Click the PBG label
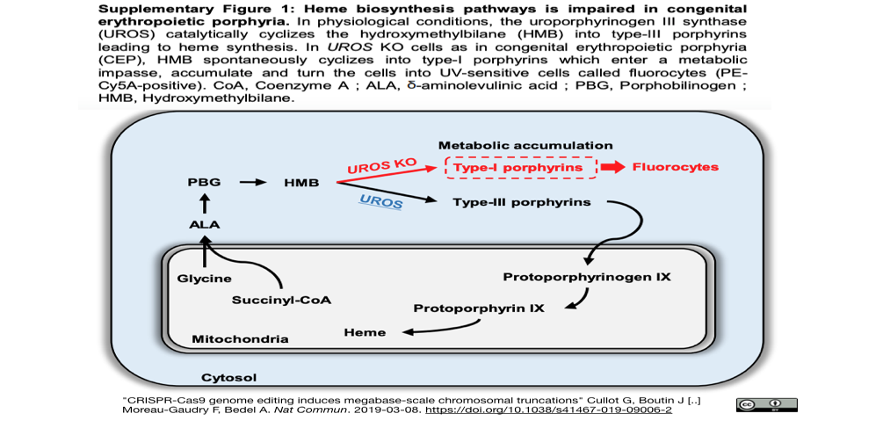pos(205,183)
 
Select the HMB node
pos(300,183)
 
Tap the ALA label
pos(204,224)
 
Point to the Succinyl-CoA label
pos(281,300)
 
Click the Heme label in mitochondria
pos(365,332)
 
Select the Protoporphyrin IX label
pos(479,308)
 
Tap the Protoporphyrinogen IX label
pos(587,277)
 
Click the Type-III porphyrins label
pos(522,202)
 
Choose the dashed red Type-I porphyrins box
pos(521,167)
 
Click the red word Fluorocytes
pos(676,167)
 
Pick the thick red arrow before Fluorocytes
pos(612,167)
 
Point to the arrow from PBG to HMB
pos(252,183)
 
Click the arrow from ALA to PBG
pos(205,203)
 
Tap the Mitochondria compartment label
pos(241,339)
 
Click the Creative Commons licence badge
pos(766,404)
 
